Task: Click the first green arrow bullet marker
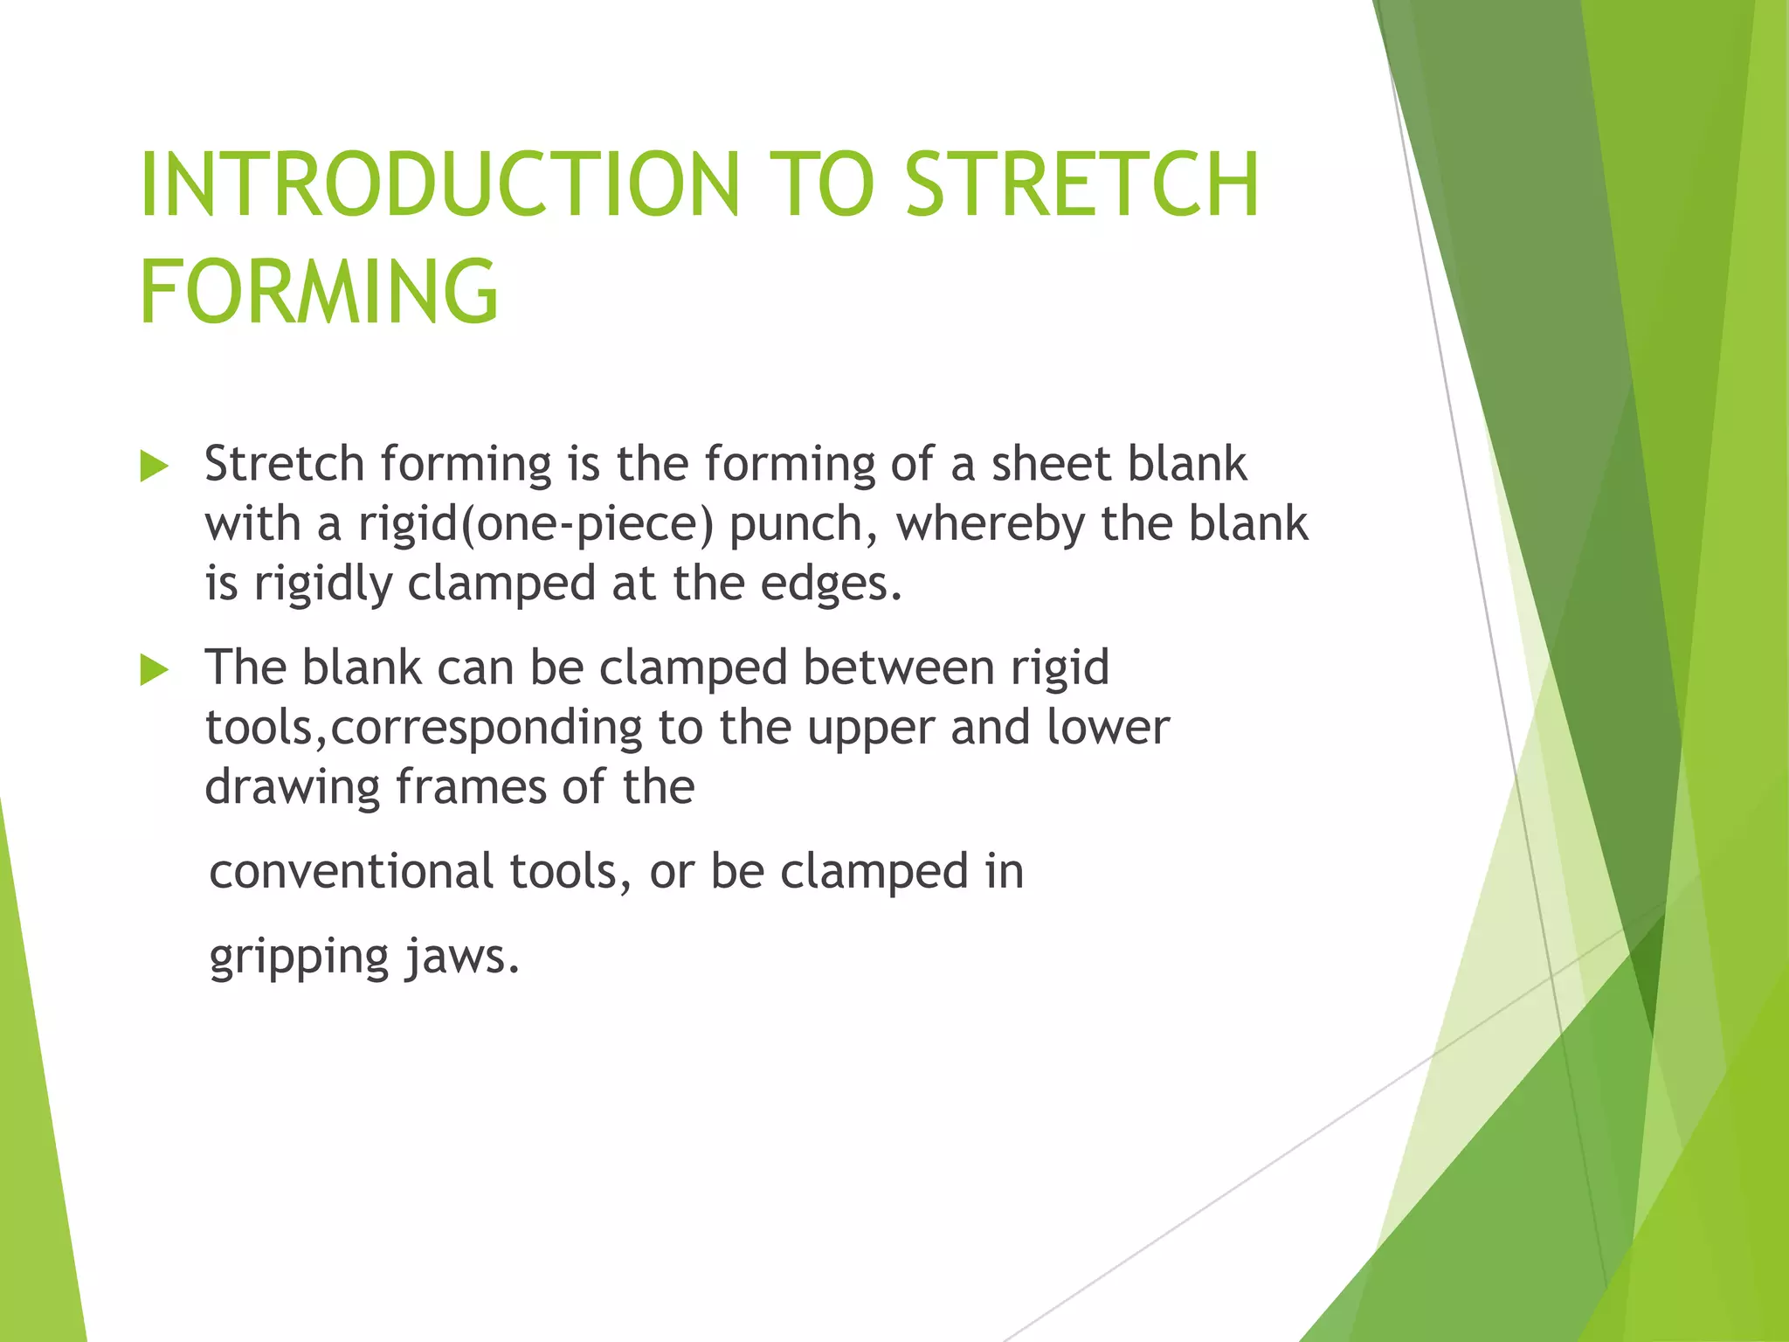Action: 154,467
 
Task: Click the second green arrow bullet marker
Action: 154,671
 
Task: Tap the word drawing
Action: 292,788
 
